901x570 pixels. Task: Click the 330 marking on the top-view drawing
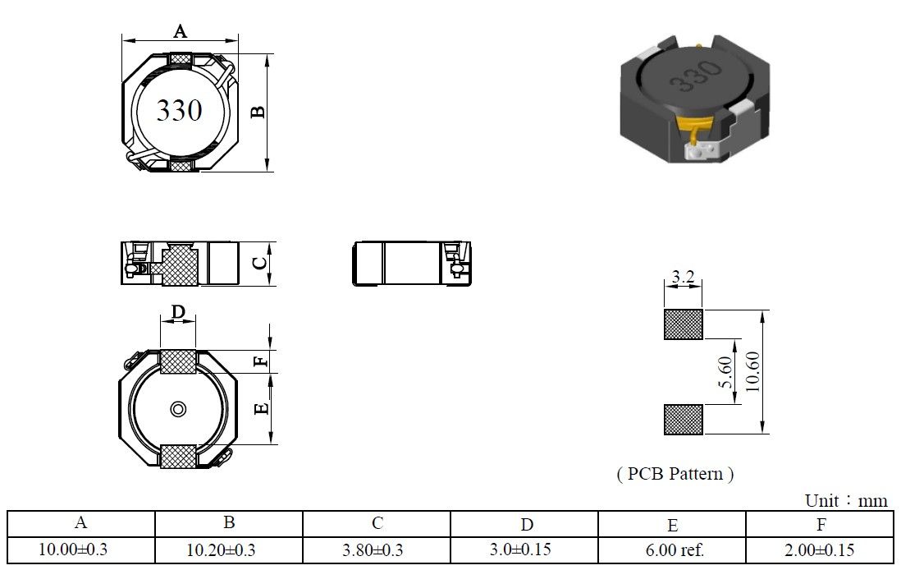coord(179,110)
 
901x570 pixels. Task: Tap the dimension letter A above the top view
coord(181,31)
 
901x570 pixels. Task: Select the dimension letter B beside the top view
coord(258,112)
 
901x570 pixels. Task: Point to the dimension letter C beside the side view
coord(260,263)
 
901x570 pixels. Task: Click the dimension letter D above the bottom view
coord(179,312)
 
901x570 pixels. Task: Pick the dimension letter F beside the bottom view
coord(262,361)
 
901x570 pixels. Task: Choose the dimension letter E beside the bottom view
coord(262,408)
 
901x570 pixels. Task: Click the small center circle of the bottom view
coord(178,409)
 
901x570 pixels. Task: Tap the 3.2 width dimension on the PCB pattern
coord(684,278)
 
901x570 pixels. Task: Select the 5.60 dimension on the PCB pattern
coord(726,372)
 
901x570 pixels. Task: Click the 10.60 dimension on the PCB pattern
coord(752,371)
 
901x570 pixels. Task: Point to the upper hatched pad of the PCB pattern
coord(684,324)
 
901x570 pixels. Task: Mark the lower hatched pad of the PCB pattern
coord(684,420)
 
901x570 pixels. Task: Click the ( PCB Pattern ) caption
coord(675,474)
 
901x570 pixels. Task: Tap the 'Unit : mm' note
coord(846,500)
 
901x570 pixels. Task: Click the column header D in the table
coord(527,525)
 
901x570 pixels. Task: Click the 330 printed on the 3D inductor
coord(696,76)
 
